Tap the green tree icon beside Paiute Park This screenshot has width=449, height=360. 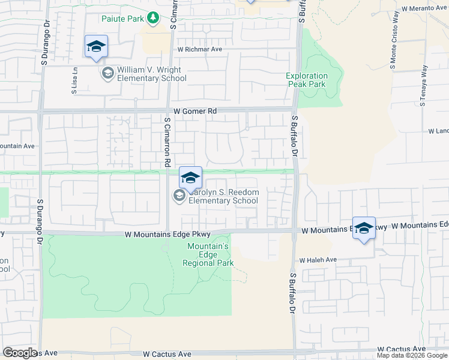pos(153,18)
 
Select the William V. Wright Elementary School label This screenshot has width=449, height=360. pos(152,74)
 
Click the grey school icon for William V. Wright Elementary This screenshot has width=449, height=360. pos(108,74)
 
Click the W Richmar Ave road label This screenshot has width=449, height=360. pos(200,50)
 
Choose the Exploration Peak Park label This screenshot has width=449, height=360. pos(307,80)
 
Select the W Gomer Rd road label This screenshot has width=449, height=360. pos(194,111)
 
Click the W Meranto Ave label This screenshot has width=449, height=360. pos(423,9)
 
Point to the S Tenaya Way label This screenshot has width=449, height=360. pos(423,85)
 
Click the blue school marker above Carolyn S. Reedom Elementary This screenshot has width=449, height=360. pos(190,178)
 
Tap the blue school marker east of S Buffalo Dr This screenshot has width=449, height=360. pos(364,229)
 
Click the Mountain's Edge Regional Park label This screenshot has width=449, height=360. pos(209,254)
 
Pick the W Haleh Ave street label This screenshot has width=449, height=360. pos(319,260)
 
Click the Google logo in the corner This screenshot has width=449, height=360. pos(20,353)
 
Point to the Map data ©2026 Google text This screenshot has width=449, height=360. pos(411,355)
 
